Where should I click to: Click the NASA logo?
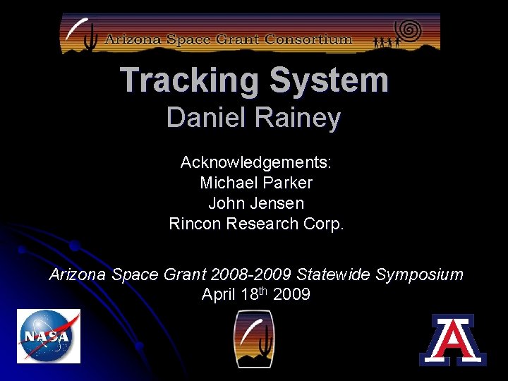[x=49, y=336]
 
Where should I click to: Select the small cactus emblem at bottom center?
[x=254, y=339]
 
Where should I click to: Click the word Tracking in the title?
[x=185, y=80]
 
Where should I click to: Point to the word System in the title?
[x=329, y=80]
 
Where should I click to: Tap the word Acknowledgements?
[x=256, y=162]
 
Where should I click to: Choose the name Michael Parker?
[x=256, y=183]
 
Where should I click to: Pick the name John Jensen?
[x=256, y=203]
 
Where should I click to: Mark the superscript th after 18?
[x=263, y=291]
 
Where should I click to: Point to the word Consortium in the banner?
[x=309, y=40]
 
